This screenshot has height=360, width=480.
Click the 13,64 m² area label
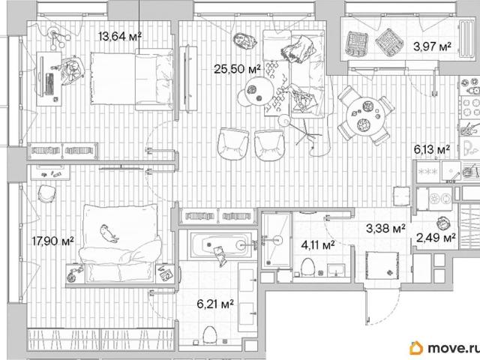[120, 37]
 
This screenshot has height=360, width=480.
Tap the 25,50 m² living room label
[237, 69]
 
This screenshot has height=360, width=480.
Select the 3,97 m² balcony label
[432, 46]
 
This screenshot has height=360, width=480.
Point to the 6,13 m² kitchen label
[432, 149]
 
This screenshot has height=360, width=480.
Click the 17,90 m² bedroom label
[53, 241]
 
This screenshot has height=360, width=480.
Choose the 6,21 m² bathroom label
[215, 304]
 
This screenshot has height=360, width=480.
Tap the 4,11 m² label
[317, 245]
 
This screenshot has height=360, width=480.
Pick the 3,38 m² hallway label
[385, 228]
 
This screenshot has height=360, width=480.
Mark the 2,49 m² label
[436, 237]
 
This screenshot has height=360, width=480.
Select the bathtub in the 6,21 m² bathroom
[220, 244]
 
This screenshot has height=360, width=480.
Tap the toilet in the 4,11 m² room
[307, 267]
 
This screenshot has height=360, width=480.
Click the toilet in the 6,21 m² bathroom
[210, 335]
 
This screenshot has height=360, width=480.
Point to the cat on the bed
[109, 233]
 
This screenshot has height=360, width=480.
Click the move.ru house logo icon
[416, 348]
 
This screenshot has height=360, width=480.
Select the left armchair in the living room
[233, 143]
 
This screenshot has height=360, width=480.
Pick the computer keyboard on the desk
[49, 83]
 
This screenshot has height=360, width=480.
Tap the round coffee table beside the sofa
[259, 90]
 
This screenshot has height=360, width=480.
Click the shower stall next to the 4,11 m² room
[276, 240]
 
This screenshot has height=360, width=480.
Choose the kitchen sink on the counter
[451, 171]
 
